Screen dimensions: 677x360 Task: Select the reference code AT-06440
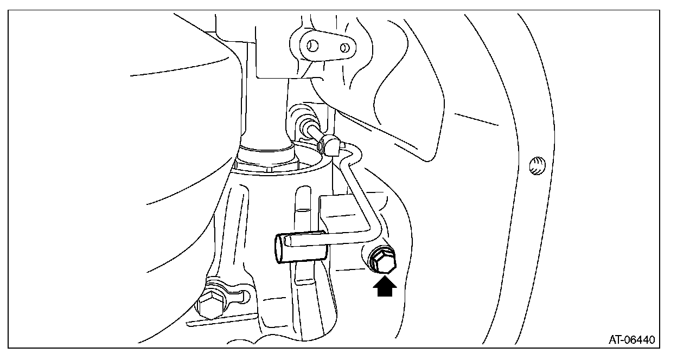631,340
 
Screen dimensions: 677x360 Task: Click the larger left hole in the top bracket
314,45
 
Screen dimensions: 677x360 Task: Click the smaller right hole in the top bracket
344,48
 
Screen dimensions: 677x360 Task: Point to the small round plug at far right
536,165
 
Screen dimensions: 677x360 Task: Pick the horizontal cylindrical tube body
304,247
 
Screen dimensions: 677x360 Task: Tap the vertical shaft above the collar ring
266,108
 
